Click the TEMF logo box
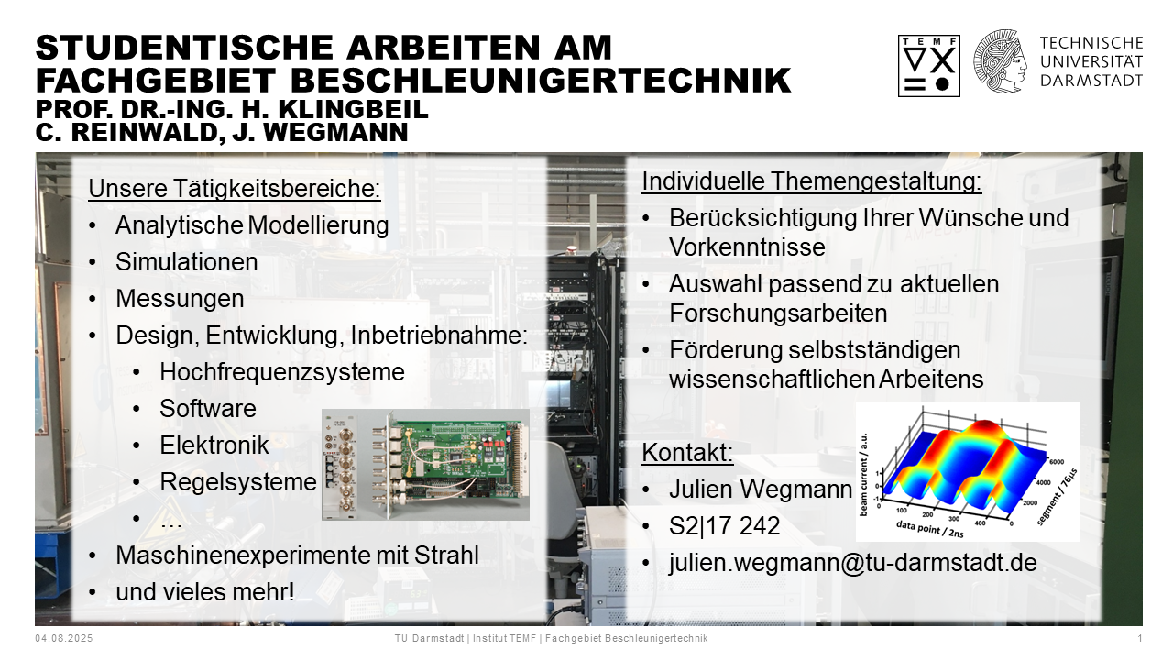coord(929,66)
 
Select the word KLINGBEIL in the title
coord(354,109)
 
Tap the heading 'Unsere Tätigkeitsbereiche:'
coord(234,189)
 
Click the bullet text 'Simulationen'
coord(186,262)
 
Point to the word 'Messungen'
coord(180,299)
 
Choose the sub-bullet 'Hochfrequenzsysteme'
coord(281,372)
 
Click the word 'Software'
coord(208,409)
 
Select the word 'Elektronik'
coord(214,445)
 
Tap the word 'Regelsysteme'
coord(238,482)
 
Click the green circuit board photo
coord(425,465)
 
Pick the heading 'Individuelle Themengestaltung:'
coord(812,181)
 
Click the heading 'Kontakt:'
coord(687,452)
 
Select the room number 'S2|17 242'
coord(724,525)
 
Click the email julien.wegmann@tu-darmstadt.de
coord(852,563)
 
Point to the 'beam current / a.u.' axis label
coord(863,474)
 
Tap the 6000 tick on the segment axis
coord(1057,461)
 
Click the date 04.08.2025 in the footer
coord(64,639)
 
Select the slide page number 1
coord(1140,639)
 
